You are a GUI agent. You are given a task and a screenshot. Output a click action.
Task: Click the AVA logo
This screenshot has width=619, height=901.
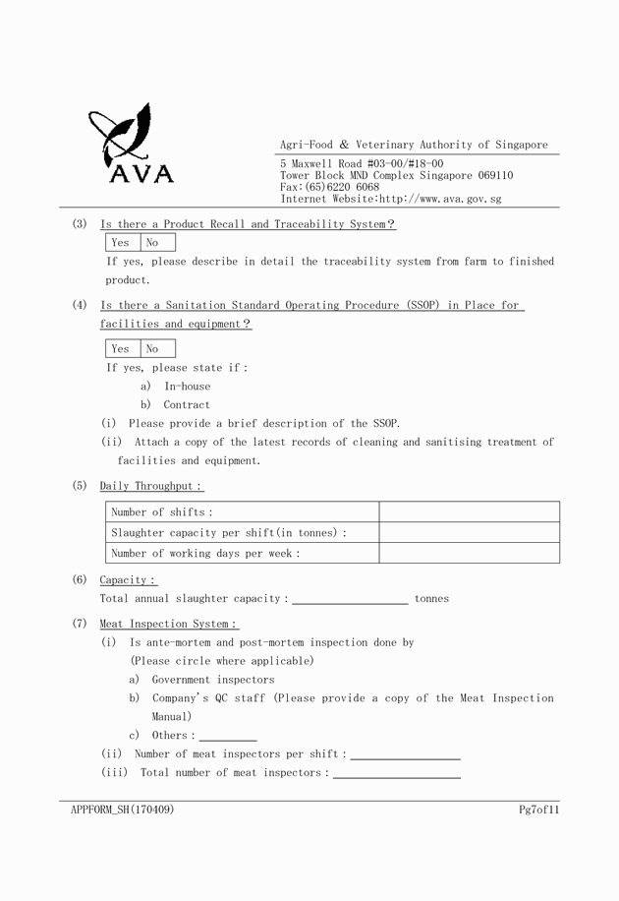(131, 145)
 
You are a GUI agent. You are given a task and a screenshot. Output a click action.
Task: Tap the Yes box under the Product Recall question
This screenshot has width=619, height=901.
(121, 242)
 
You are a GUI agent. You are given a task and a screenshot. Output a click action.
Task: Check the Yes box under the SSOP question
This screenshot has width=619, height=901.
(121, 348)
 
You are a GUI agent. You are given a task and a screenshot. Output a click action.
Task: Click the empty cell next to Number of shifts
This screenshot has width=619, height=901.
(469, 511)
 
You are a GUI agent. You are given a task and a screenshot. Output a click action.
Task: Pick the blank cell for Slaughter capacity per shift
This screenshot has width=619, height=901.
(469, 532)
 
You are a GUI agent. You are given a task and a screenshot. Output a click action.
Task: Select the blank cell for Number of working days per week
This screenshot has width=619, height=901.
(469, 553)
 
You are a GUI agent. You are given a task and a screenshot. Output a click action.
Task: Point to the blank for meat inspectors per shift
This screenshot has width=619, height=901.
(405, 754)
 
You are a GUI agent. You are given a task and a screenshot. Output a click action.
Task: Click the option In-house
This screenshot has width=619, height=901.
(187, 387)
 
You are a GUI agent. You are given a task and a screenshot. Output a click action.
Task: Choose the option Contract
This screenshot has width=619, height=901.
(187, 405)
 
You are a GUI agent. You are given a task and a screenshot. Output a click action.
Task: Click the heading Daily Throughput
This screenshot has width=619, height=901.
(150, 486)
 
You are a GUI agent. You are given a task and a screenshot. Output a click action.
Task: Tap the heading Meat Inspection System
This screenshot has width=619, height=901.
(168, 624)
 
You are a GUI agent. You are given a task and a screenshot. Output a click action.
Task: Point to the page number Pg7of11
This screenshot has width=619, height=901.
(538, 810)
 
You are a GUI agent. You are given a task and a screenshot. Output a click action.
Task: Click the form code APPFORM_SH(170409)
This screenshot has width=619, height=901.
(123, 810)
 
